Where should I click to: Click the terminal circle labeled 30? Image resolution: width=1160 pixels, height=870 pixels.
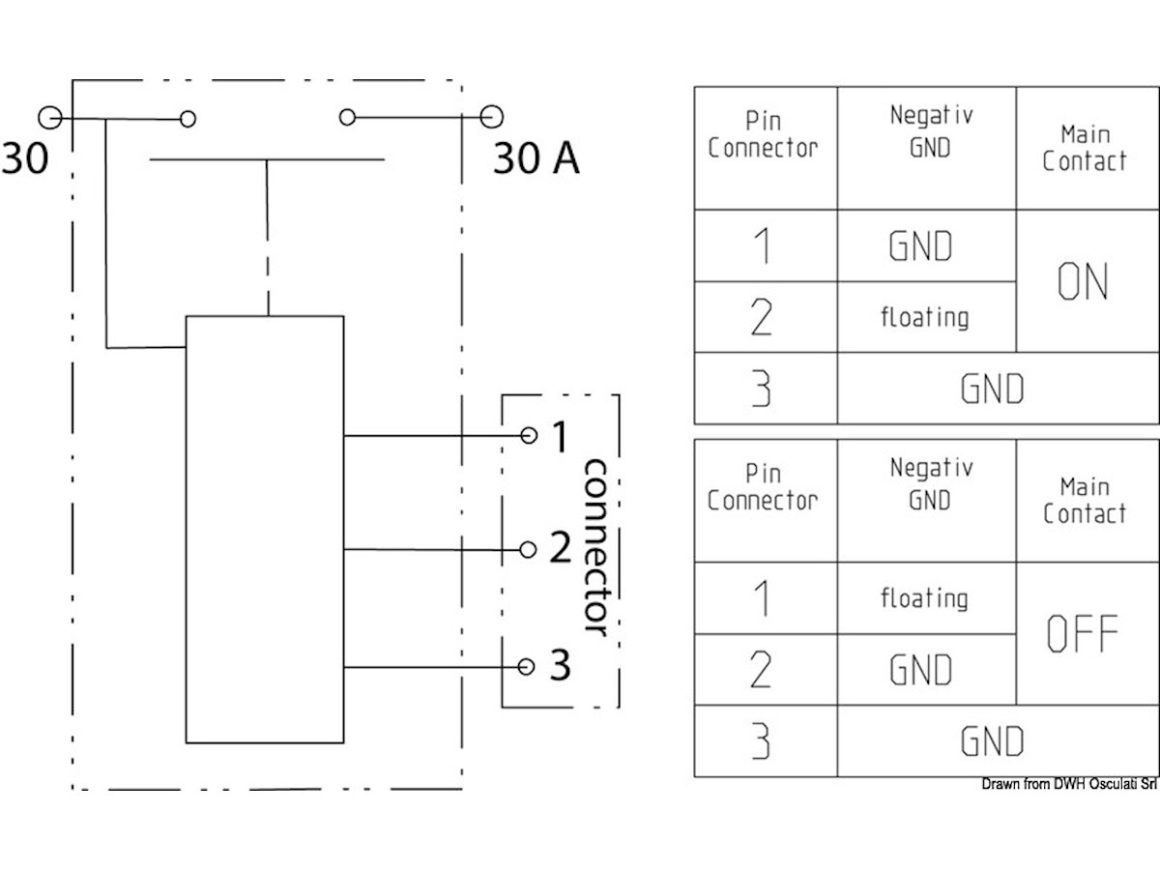(49, 119)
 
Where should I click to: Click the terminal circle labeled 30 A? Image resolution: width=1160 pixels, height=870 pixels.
(492, 118)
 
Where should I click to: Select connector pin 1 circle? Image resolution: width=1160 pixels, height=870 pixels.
(528, 436)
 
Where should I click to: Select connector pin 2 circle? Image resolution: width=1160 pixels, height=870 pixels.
(528, 550)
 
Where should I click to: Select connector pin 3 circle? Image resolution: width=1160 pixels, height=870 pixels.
(527, 667)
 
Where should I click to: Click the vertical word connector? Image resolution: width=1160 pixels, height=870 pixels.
(595, 549)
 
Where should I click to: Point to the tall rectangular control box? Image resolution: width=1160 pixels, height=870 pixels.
(264, 529)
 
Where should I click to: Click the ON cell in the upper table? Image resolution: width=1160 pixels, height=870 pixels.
(1083, 281)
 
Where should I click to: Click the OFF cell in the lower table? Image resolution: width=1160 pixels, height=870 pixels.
(1083, 633)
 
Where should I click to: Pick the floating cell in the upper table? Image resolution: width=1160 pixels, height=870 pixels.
(924, 316)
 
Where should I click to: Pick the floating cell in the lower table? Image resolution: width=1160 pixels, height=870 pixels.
(924, 597)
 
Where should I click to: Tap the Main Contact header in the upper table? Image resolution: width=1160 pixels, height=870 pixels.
(1085, 148)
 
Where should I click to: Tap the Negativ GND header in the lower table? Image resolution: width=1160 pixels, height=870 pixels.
(930, 484)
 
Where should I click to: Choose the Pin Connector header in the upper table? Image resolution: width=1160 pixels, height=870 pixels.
(763, 135)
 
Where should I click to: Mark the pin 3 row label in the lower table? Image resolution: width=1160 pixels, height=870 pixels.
(762, 742)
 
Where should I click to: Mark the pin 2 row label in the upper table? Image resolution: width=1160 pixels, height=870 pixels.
(762, 317)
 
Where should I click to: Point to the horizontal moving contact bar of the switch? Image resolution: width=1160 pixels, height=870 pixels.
(267, 159)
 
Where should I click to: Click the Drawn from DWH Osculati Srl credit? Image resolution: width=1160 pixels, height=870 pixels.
(1069, 784)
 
